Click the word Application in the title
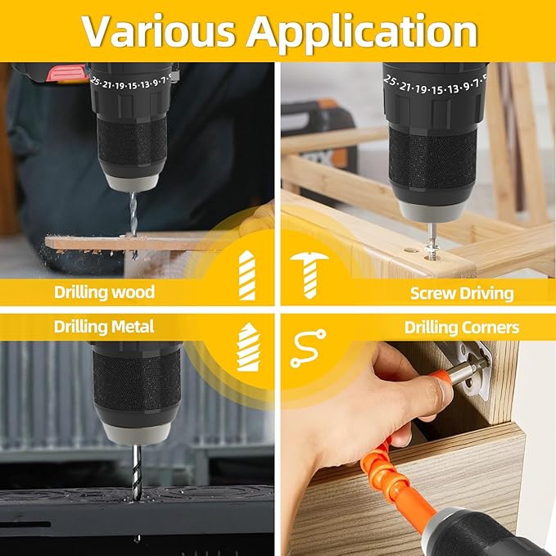(362, 31)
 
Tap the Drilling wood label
(104, 292)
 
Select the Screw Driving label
(462, 292)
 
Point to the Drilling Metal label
(104, 327)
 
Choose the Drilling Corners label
(461, 328)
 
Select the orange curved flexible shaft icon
(308, 348)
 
